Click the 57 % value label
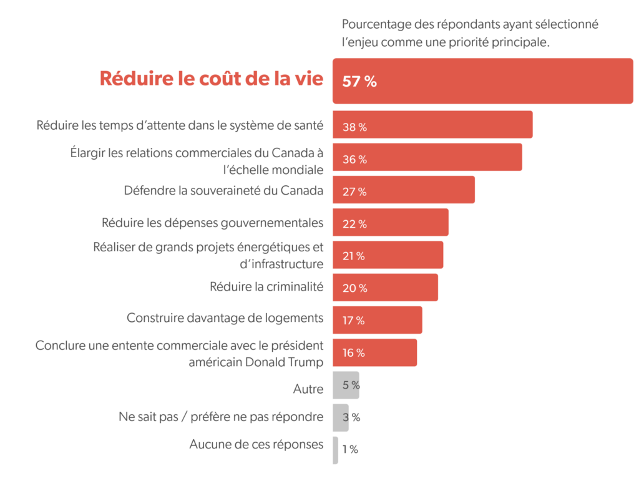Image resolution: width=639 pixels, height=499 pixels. [359, 81]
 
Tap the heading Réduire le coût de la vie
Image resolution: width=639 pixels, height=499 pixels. [212, 79]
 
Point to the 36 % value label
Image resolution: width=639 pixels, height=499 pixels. [354, 160]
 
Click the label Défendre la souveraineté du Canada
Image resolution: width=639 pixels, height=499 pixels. [223, 190]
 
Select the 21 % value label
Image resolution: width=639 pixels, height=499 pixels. [354, 256]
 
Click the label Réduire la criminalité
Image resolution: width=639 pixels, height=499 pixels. [266, 287]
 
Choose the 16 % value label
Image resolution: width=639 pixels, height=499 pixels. [354, 353]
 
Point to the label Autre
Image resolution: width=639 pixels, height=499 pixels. [308, 389]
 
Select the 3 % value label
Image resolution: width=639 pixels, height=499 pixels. [351, 417]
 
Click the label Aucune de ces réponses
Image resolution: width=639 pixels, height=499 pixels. [256, 445]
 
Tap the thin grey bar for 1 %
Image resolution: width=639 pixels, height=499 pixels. [336, 450]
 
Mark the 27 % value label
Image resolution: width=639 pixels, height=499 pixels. [354, 192]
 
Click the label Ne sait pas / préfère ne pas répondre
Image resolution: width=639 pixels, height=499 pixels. [221, 417]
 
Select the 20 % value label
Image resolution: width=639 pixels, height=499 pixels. [354, 288]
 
